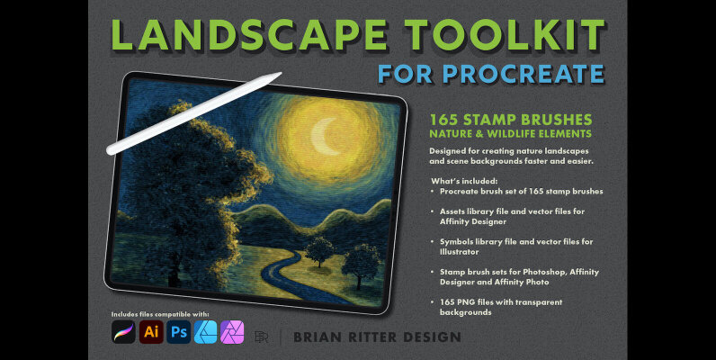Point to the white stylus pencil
(x=192, y=112)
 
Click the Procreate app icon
(x=123, y=332)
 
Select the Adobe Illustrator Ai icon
(x=151, y=332)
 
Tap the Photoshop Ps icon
(x=179, y=332)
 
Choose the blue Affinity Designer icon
(x=206, y=332)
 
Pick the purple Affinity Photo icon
(x=233, y=332)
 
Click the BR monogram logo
(x=262, y=337)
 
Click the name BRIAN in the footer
(x=322, y=337)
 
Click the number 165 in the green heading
(x=444, y=118)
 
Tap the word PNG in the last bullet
(x=465, y=301)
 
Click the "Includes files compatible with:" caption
(x=161, y=313)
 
